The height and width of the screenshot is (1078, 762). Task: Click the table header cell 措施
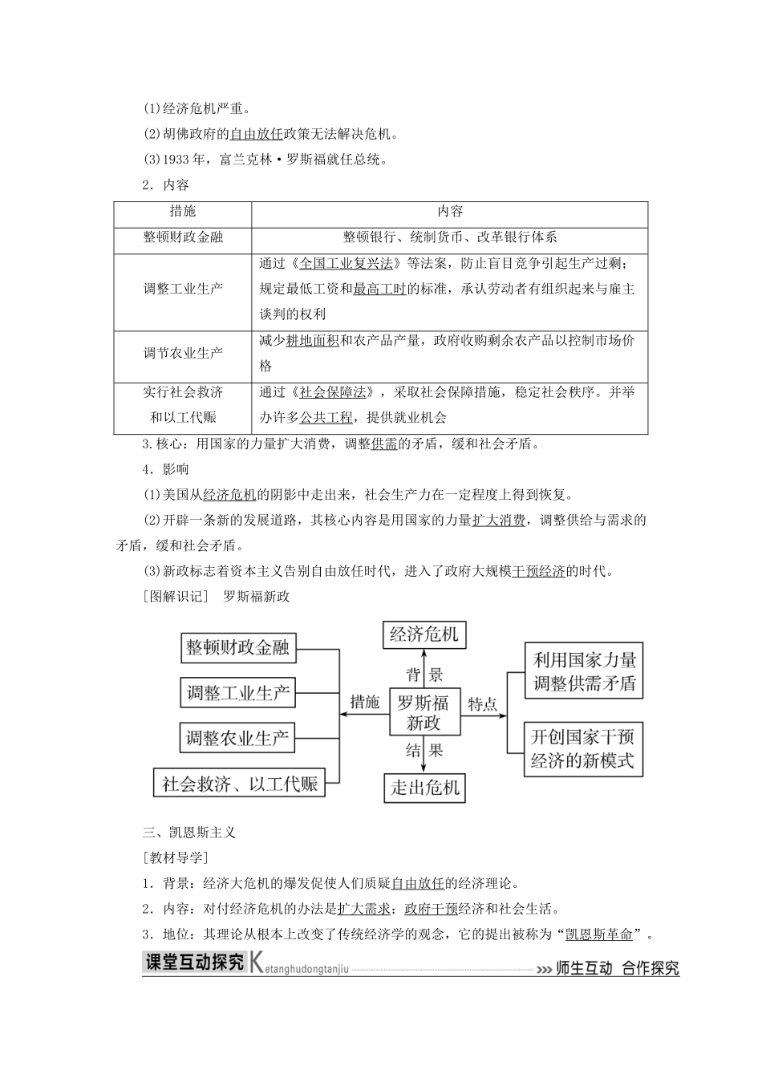(183, 212)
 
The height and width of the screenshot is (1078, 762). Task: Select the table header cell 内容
(450, 212)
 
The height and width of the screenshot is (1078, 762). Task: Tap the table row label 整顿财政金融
(183, 237)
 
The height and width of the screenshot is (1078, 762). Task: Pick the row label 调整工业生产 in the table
(183, 289)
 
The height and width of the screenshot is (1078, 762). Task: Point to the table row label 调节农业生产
(183, 353)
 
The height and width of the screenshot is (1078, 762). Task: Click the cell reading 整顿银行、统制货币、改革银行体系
(450, 237)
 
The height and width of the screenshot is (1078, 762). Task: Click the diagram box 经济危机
(424, 635)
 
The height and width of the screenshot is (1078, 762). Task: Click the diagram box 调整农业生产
(237, 738)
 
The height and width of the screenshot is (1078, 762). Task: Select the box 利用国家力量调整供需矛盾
(584, 671)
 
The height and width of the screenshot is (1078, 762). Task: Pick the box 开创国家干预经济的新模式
(583, 748)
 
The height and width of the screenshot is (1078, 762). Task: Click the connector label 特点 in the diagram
(483, 703)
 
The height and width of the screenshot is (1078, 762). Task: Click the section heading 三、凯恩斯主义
(188, 833)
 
